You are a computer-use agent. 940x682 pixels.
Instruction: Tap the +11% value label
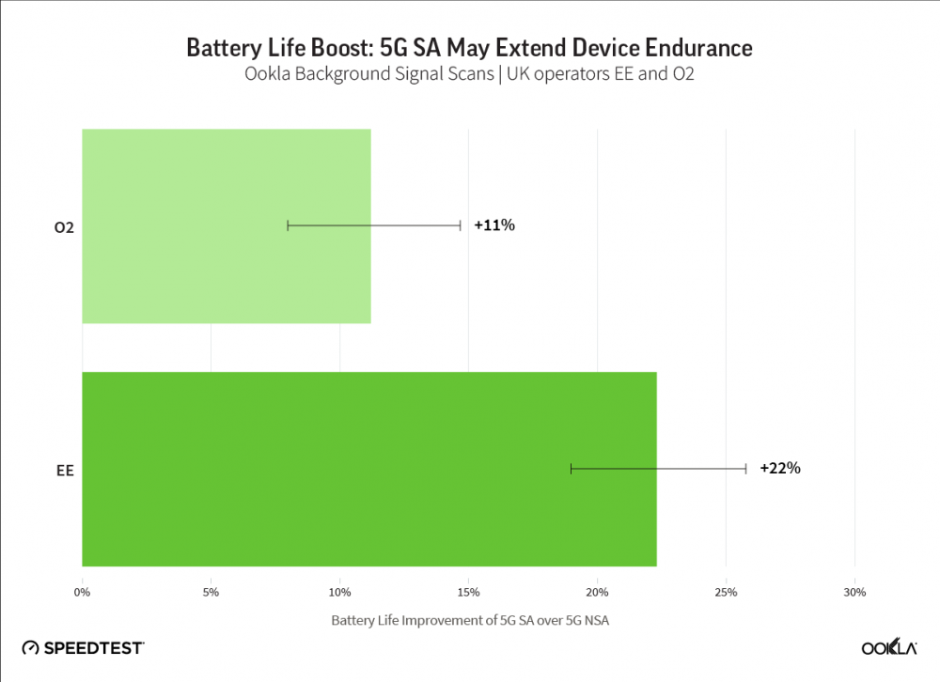pos(494,225)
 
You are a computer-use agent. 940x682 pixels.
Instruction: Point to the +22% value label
pos(780,469)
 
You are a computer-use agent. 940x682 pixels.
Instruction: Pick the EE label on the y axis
pos(66,469)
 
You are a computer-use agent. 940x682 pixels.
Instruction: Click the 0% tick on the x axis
pos(82,592)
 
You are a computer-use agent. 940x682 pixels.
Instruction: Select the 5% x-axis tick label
pos(211,592)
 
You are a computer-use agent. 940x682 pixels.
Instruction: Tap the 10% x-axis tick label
pos(340,592)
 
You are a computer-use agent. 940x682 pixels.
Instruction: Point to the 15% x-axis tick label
pos(469,592)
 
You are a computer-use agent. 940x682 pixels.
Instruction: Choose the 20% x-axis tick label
pos(597,592)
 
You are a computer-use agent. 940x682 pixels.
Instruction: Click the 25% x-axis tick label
pos(726,592)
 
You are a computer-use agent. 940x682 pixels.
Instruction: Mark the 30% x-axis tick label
pos(854,592)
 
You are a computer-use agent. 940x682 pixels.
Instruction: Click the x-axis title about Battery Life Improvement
pos(469,621)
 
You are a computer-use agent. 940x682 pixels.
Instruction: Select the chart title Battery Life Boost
pos(469,47)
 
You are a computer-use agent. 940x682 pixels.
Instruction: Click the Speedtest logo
pos(83,648)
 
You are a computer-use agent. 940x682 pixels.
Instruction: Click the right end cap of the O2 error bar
pos(461,225)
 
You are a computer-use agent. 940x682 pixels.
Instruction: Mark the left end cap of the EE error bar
pos(571,469)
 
